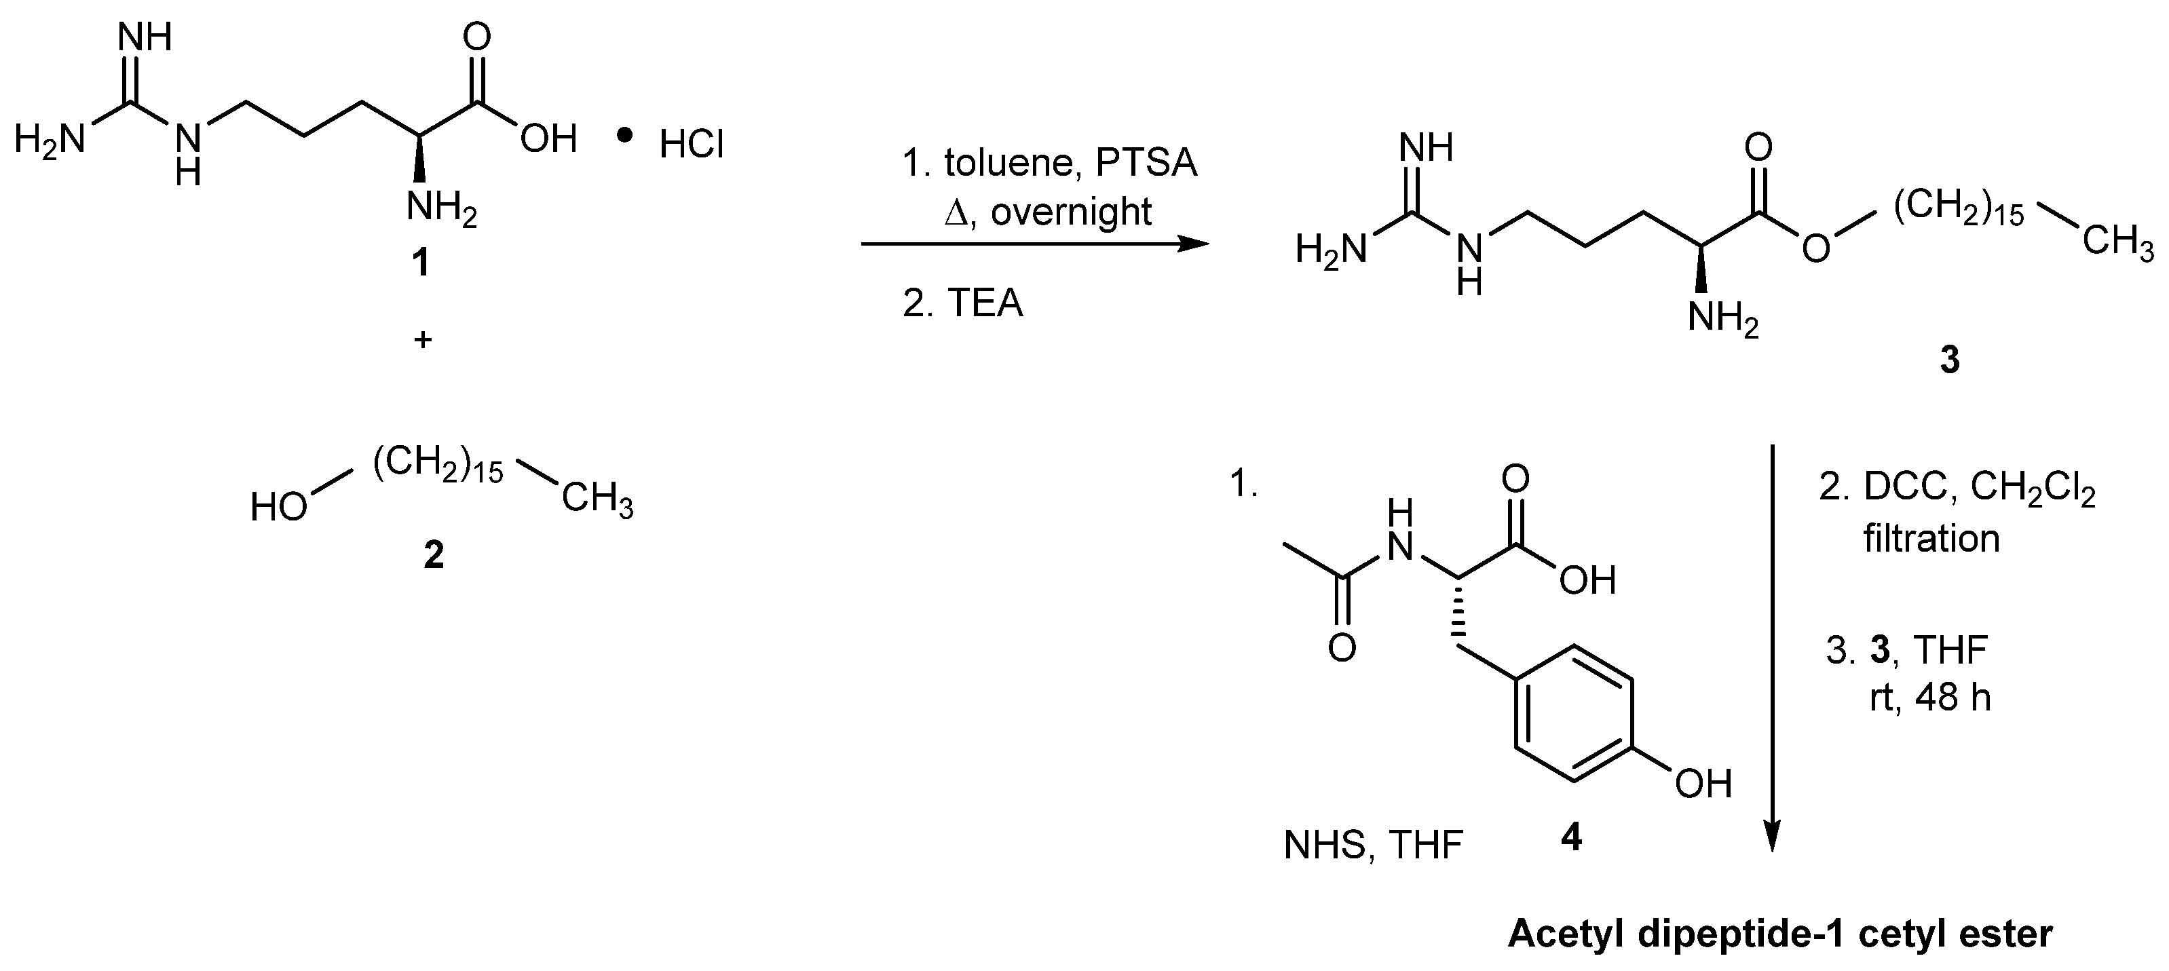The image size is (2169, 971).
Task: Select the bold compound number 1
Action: click(x=419, y=263)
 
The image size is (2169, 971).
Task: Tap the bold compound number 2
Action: click(x=433, y=554)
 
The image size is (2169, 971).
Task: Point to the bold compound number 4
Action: click(x=1571, y=837)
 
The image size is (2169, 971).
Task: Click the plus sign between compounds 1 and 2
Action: click(x=423, y=340)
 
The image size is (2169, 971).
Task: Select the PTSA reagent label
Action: click(x=1146, y=163)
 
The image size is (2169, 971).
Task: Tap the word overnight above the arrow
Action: click(x=1071, y=212)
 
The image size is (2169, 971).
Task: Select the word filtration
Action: click(x=1931, y=538)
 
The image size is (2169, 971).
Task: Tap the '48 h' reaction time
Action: click(x=1953, y=698)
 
